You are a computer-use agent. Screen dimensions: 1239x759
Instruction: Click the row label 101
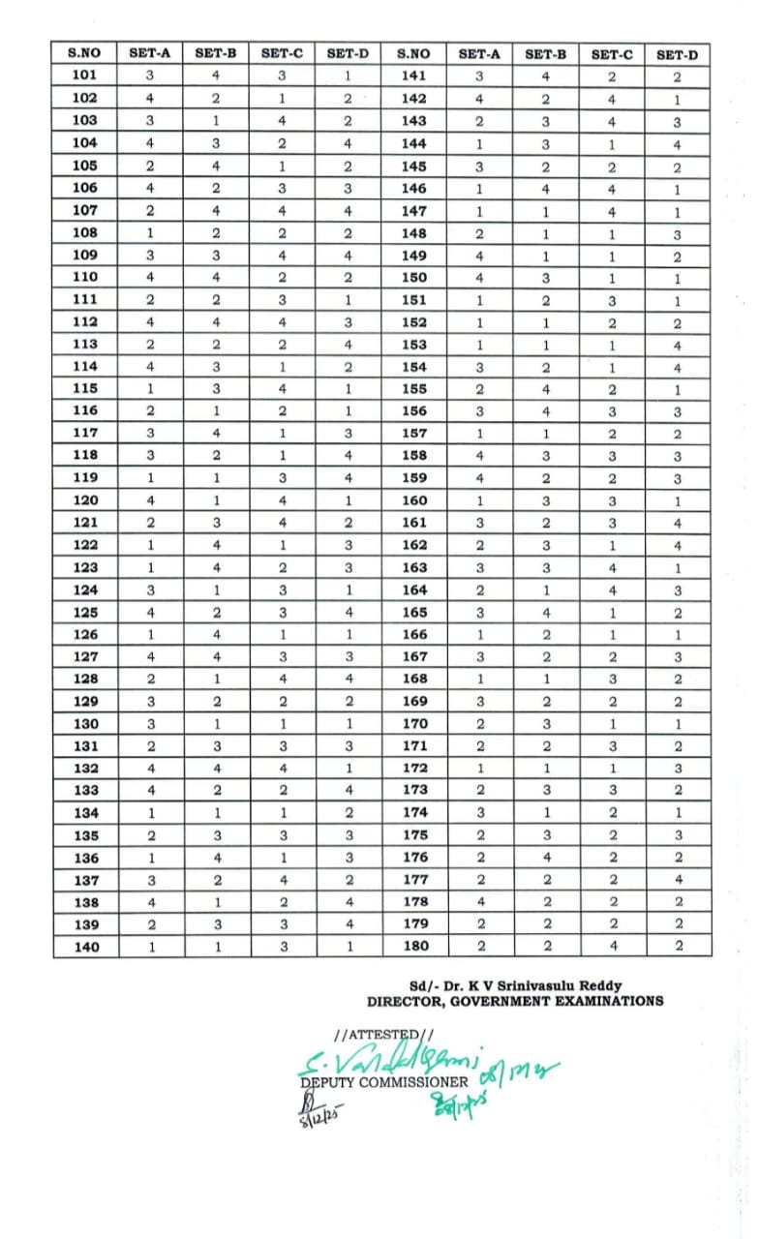point(85,76)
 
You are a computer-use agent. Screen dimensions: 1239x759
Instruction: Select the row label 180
point(414,946)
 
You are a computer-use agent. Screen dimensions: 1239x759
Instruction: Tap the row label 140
point(85,947)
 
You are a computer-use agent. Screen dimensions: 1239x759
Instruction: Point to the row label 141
point(414,76)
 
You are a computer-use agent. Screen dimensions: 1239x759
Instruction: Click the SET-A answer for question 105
point(150,166)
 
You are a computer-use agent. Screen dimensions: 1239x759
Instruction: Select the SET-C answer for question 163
point(611,568)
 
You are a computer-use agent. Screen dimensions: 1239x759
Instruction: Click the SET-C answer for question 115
point(284,389)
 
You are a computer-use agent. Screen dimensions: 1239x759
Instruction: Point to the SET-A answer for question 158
point(479,456)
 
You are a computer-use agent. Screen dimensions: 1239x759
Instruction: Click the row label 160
point(414,500)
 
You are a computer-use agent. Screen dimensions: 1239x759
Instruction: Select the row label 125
point(85,612)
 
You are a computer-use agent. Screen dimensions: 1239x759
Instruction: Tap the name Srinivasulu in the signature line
point(564,985)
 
